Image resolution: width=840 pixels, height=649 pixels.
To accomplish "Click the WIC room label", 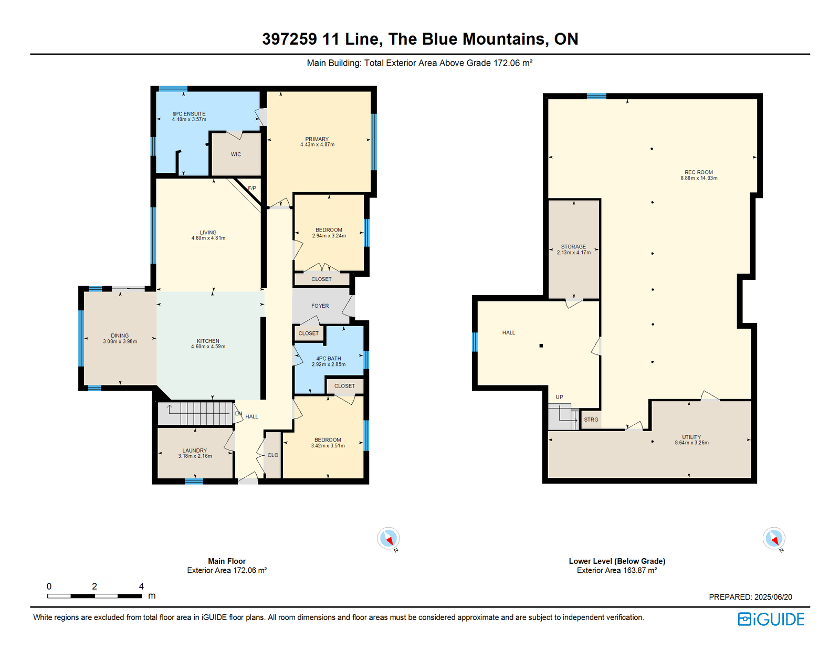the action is pyautogui.click(x=236, y=154).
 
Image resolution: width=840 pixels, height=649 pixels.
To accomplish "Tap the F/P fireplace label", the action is pyautogui.click(x=252, y=189).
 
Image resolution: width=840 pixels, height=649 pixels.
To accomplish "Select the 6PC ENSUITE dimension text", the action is pyautogui.click(x=189, y=119).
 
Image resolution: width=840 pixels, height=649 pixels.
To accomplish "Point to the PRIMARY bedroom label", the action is pyautogui.click(x=317, y=139).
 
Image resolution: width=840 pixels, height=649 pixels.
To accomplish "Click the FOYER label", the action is pyautogui.click(x=320, y=306).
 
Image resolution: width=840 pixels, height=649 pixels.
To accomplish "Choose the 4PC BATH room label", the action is pyautogui.click(x=329, y=358).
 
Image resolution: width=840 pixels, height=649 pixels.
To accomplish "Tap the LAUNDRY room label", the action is pyautogui.click(x=194, y=451).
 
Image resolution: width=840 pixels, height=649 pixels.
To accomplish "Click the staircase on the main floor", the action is pyautogui.click(x=196, y=414).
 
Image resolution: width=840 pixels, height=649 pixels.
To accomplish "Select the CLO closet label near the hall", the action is pyautogui.click(x=273, y=455).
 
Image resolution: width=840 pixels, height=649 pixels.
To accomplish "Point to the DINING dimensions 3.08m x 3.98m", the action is pyautogui.click(x=120, y=341).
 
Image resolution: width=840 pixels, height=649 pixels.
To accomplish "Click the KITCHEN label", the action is pyautogui.click(x=208, y=341).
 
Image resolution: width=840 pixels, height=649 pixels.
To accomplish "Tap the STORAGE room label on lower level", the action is pyautogui.click(x=574, y=247).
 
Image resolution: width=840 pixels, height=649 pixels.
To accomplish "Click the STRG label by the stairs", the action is pyautogui.click(x=591, y=420).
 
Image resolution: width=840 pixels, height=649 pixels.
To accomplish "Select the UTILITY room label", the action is pyautogui.click(x=691, y=437).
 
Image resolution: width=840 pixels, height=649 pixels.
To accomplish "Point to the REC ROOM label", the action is pyautogui.click(x=699, y=172).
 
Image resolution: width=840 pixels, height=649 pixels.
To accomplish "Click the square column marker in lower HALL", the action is pyautogui.click(x=541, y=346).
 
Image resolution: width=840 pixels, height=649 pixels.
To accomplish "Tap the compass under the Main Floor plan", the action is pyautogui.click(x=388, y=538).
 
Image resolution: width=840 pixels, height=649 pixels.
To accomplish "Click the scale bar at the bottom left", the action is pyautogui.click(x=94, y=596).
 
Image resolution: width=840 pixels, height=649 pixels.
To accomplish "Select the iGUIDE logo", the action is pyautogui.click(x=771, y=619).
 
